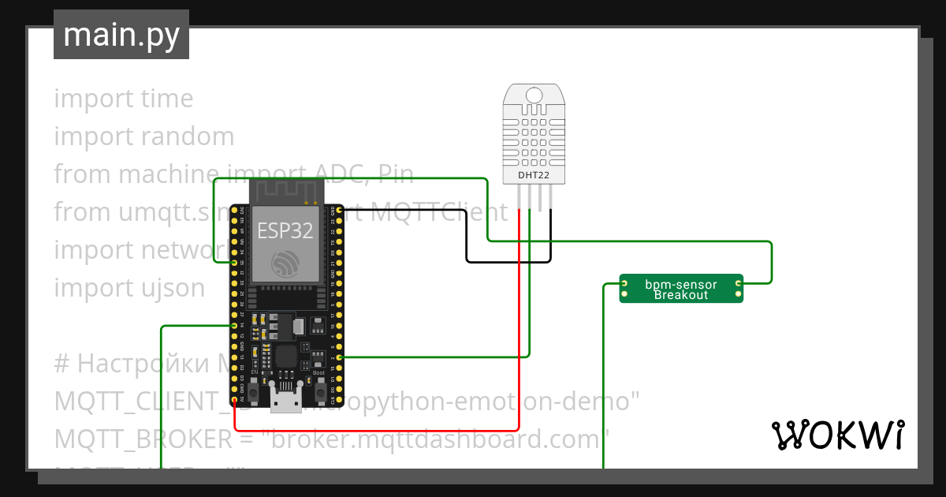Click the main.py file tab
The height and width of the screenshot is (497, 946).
click(x=121, y=35)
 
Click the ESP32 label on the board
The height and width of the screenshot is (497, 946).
click(x=285, y=231)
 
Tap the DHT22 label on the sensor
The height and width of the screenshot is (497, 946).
click(x=534, y=174)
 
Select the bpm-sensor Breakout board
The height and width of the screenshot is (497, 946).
click(x=681, y=289)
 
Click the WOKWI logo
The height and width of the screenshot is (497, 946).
click(x=837, y=435)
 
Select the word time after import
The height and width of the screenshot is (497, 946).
click(x=167, y=99)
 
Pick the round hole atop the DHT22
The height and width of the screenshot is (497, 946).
click(x=534, y=95)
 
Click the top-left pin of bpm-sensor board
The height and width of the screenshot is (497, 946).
click(x=624, y=282)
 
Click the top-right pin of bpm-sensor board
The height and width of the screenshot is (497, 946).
click(x=739, y=282)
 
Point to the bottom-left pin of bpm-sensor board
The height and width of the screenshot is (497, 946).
click(x=624, y=295)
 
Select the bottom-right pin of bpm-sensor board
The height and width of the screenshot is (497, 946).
click(x=739, y=295)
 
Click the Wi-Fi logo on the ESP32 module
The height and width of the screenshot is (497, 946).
click(x=283, y=262)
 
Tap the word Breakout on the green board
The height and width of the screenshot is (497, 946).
click(x=681, y=295)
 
